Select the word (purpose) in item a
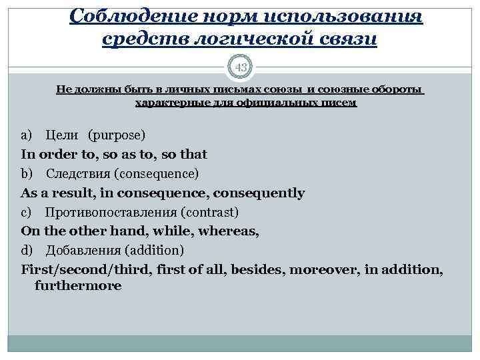117,135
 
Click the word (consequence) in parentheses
156,174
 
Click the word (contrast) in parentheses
205,213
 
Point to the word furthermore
78,286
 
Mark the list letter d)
27,251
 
